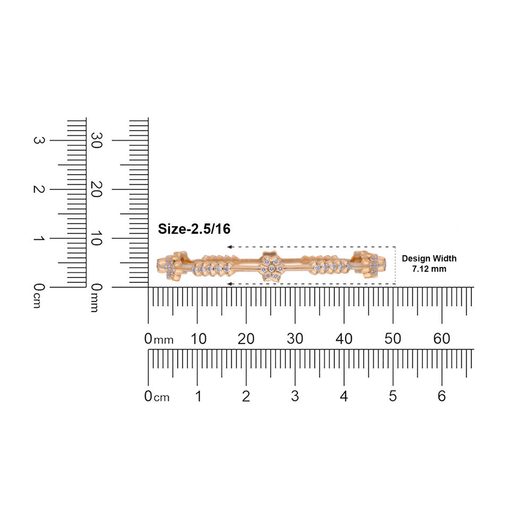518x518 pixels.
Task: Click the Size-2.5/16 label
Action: pos(194,229)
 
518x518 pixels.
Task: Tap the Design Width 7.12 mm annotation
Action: pos(429,264)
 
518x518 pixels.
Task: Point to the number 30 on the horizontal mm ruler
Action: pos(295,339)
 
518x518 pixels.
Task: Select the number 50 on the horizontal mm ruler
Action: pos(393,339)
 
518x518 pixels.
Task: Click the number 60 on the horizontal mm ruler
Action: pos(442,339)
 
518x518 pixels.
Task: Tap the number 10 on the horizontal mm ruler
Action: pos(198,339)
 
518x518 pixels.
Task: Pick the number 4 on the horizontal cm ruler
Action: pos(344,396)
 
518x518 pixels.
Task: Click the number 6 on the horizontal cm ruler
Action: pos(442,396)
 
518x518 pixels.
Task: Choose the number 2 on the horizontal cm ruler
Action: pos(246,396)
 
